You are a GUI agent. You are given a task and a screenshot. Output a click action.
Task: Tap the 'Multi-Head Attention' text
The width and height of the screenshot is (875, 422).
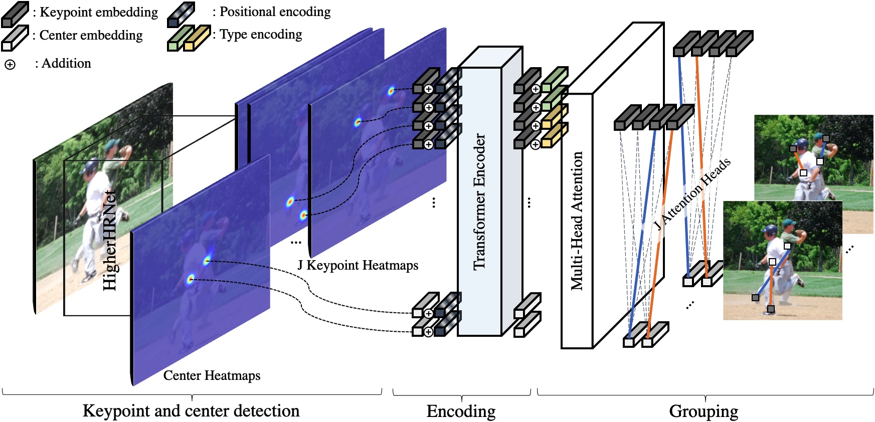(577, 221)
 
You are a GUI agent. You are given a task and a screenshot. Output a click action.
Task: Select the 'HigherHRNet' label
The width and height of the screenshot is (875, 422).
(109, 240)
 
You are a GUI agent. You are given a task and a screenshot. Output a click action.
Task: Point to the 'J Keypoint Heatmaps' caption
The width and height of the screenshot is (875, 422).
(358, 265)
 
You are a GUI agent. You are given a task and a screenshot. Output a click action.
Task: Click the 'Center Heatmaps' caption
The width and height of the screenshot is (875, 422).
(212, 375)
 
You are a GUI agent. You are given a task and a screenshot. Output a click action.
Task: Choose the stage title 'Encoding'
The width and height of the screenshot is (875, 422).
(461, 411)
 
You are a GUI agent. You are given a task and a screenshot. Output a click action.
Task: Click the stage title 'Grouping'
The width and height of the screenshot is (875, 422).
(704, 411)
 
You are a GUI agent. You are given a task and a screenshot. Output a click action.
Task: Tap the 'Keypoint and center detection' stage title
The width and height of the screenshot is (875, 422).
(191, 411)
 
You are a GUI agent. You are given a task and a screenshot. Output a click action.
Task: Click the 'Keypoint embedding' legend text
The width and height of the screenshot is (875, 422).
(99, 12)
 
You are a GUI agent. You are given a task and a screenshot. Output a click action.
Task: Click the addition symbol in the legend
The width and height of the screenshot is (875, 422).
(10, 65)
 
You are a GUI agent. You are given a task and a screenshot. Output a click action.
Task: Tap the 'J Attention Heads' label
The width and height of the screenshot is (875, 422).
(692, 194)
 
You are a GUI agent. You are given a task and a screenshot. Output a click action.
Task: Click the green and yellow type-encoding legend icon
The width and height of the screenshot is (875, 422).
(189, 38)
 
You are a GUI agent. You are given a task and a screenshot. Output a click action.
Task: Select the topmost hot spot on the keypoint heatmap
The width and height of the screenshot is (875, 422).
(391, 91)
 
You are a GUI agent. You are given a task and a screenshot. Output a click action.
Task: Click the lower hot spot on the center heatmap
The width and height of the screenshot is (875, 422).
(191, 279)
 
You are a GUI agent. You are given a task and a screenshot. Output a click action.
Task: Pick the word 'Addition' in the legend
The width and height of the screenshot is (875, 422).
(66, 64)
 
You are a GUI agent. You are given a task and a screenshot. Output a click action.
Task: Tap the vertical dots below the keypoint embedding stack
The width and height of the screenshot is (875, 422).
(434, 202)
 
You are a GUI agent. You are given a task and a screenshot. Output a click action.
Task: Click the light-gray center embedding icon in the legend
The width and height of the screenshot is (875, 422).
(15, 39)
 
